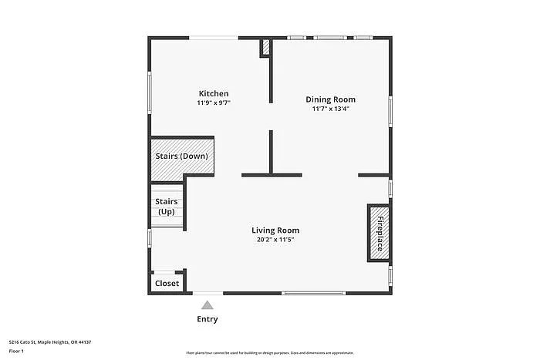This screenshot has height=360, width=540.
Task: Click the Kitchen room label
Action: (x=214, y=93)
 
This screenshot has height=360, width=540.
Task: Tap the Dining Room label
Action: (x=330, y=99)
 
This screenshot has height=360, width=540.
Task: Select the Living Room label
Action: (x=275, y=230)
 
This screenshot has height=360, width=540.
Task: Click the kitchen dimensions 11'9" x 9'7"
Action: (x=214, y=103)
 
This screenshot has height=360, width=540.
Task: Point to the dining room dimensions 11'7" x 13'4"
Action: (x=330, y=109)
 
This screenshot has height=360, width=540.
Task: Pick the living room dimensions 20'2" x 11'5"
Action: (x=275, y=240)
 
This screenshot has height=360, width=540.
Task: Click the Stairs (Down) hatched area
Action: (x=181, y=156)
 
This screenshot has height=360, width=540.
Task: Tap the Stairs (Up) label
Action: (x=167, y=207)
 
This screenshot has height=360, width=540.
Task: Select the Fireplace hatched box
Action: (x=379, y=232)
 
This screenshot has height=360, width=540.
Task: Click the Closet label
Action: (x=167, y=283)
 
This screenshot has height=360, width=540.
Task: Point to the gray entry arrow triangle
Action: (x=208, y=305)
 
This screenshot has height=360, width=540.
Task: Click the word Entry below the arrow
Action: (x=208, y=319)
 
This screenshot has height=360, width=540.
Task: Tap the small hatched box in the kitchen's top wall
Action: (x=265, y=48)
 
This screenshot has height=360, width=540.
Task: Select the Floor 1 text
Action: (x=17, y=351)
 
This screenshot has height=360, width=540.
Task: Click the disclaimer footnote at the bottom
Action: (x=269, y=352)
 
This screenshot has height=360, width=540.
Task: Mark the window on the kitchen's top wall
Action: (x=214, y=37)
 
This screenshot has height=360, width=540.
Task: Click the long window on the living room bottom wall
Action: (x=313, y=293)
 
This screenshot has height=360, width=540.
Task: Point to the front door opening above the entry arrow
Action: (x=208, y=293)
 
